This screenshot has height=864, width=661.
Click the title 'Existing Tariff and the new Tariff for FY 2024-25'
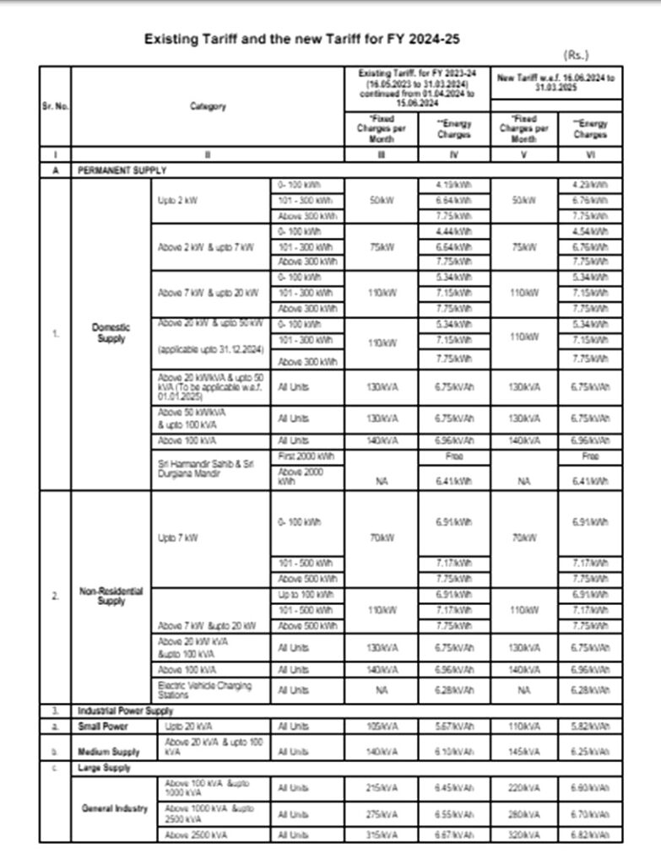[302, 39]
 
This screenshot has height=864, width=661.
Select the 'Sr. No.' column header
[55, 107]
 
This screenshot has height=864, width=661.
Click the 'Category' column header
[208, 107]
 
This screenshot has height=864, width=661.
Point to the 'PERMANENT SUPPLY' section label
[122, 170]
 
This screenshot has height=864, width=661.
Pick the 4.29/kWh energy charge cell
[590, 184]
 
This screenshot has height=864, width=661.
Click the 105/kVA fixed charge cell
[377, 726]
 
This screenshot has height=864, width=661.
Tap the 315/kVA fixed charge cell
[377, 835]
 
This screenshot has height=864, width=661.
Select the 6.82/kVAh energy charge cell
[590, 835]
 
